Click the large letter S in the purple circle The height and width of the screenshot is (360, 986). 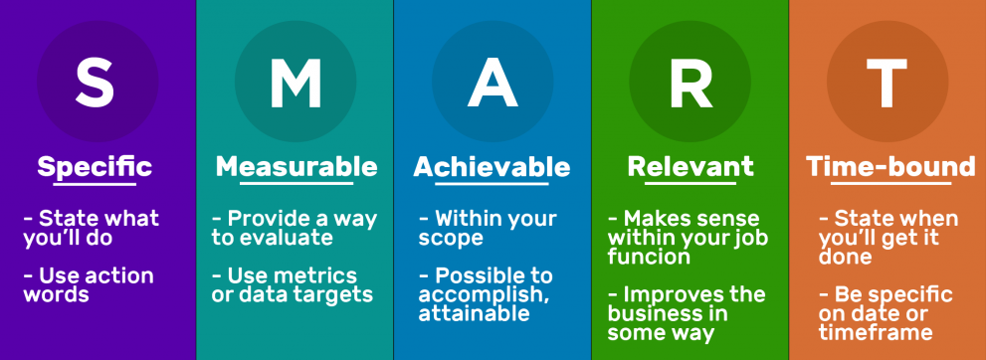[x=95, y=83]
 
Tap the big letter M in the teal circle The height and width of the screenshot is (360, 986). [x=296, y=83]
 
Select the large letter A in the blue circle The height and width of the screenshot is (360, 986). [x=493, y=83]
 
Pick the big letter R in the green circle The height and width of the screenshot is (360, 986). [x=691, y=83]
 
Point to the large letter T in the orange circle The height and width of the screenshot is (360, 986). [x=887, y=83]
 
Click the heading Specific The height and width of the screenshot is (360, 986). [x=95, y=167]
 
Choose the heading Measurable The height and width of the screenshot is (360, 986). [x=296, y=167]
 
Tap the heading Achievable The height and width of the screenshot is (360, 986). [x=492, y=167]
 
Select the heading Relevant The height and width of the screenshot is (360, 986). [x=690, y=167]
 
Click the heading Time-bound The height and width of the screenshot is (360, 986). [x=890, y=167]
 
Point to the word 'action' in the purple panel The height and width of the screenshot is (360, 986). [x=118, y=275]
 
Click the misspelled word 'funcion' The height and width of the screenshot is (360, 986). [x=649, y=257]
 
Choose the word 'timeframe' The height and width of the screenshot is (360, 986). [x=876, y=332]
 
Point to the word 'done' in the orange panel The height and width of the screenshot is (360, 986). [x=845, y=257]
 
